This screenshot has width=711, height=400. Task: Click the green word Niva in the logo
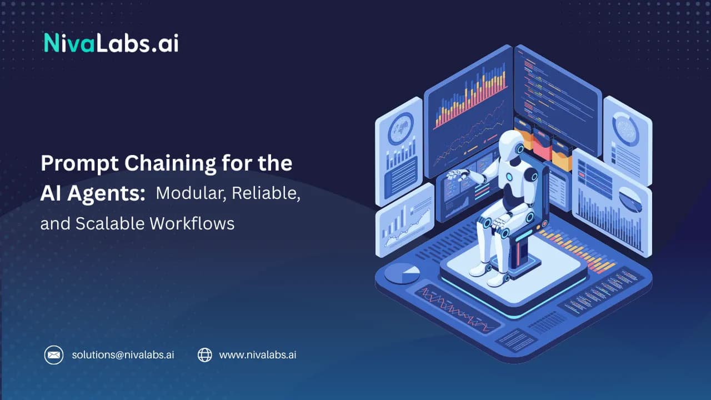[69, 43]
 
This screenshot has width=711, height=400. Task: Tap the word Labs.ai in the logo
[137, 43]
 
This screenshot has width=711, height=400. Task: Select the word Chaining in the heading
[170, 164]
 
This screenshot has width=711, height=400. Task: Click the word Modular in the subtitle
[191, 193]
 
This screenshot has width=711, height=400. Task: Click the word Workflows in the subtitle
[192, 223]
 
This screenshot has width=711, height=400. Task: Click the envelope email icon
[54, 355]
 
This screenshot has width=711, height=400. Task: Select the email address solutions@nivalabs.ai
[123, 355]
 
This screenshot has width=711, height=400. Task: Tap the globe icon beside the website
[205, 355]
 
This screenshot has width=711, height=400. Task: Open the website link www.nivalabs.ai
[257, 355]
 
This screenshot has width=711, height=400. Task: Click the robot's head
[512, 145]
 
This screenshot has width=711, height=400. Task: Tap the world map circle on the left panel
[400, 128]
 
